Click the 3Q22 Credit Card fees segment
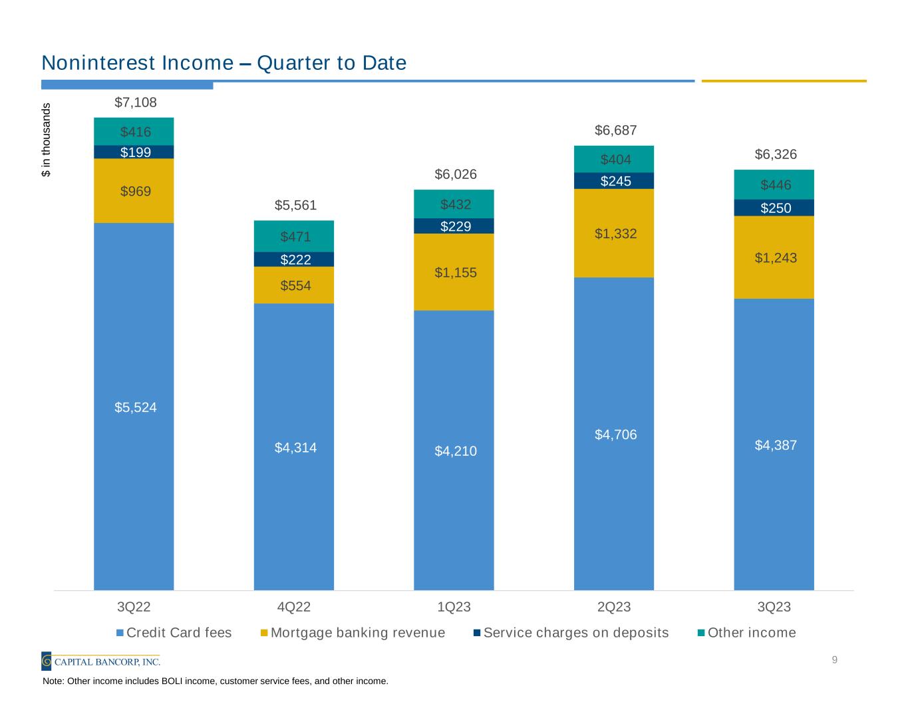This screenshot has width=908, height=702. (x=134, y=406)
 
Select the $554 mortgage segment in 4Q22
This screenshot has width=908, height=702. (x=294, y=285)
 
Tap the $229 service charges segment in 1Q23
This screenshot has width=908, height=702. (x=454, y=226)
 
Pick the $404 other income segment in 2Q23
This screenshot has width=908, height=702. (x=614, y=159)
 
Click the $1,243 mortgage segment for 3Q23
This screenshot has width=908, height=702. (x=774, y=258)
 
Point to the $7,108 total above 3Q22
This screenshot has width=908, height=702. (x=136, y=102)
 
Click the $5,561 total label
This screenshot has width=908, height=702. (x=296, y=205)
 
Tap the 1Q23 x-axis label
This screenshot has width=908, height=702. (x=454, y=607)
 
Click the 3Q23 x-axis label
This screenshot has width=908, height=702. (x=774, y=607)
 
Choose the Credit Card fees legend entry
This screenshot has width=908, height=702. (x=174, y=632)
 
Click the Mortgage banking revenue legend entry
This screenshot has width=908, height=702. (x=353, y=632)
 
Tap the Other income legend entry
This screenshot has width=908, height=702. (x=746, y=632)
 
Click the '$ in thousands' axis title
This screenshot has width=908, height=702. (x=46, y=140)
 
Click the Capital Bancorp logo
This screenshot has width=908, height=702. (x=101, y=661)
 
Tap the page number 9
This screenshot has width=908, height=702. (x=834, y=660)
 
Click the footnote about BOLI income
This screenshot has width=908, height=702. (x=215, y=681)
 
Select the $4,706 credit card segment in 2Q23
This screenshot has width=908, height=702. (x=614, y=435)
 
